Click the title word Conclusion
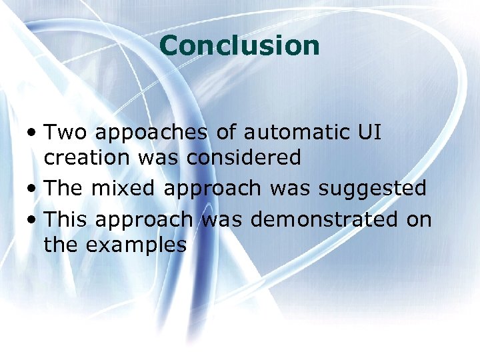[x=240, y=45]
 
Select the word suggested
[x=372, y=189]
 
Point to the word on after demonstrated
[x=419, y=219]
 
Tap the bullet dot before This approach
[x=33, y=220]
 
